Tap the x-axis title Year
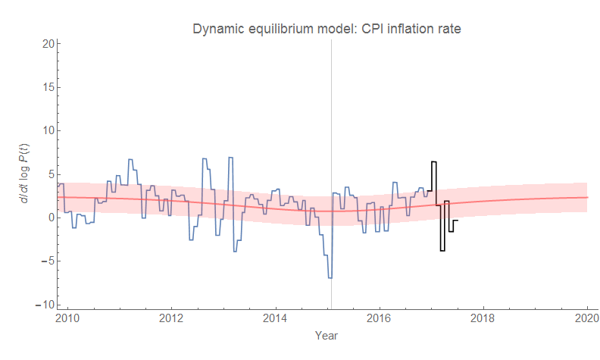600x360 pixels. pos(327,335)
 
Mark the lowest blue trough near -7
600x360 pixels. pos(330,278)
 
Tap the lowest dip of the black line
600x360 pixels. pos(442,250)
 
